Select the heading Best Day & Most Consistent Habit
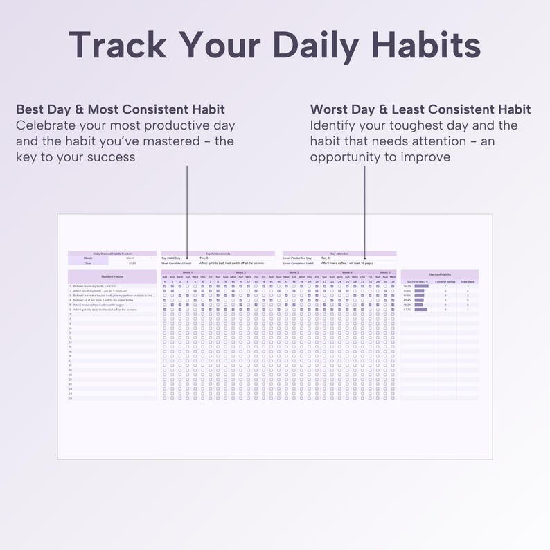(x=120, y=109)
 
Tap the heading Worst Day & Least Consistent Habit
(x=420, y=109)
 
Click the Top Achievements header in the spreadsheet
(x=218, y=254)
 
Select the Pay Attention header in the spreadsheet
(x=339, y=254)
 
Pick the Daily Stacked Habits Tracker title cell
(x=112, y=254)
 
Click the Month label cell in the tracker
(x=87, y=258)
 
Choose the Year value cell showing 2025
(x=132, y=263)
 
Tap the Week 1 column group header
(x=187, y=272)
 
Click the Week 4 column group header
(x=346, y=272)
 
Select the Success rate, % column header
(x=417, y=282)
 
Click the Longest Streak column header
(x=445, y=282)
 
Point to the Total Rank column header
(x=468, y=282)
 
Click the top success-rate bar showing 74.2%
(x=420, y=286)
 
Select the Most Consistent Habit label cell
(x=177, y=263)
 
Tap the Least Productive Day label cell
(x=298, y=258)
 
